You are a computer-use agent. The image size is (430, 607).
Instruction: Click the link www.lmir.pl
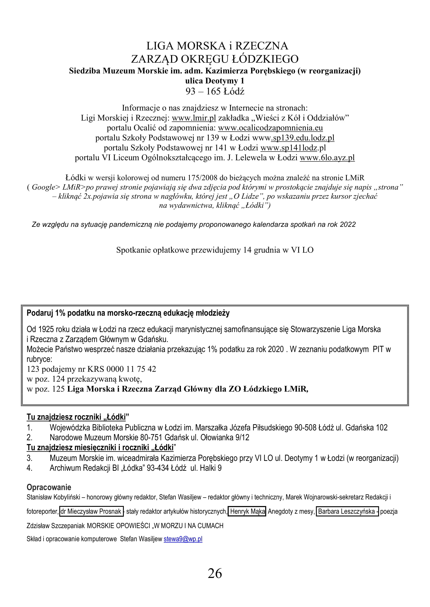coord(194,118)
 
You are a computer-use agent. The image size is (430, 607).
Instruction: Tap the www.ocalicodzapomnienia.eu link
coord(270,128)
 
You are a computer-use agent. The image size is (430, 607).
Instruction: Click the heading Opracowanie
coord(49,487)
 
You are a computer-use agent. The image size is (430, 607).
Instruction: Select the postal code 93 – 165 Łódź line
coord(215,91)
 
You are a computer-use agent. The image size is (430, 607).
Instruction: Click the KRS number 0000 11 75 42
coord(131,369)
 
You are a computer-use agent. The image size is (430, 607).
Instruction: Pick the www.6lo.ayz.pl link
coord(327,158)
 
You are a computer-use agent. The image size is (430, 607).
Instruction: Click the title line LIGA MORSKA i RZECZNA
coord(217,46)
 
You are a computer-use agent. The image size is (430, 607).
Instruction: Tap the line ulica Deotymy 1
coord(215,81)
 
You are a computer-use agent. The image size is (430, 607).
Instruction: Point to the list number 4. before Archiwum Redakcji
coord(29,468)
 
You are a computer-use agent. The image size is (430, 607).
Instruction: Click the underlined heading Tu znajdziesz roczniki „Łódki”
coord(77,417)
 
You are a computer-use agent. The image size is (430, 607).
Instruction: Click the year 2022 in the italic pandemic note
coord(348,224)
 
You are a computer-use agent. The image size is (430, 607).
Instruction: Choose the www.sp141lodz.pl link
coord(293,148)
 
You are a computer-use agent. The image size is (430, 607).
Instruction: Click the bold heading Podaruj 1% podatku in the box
coord(128,313)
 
